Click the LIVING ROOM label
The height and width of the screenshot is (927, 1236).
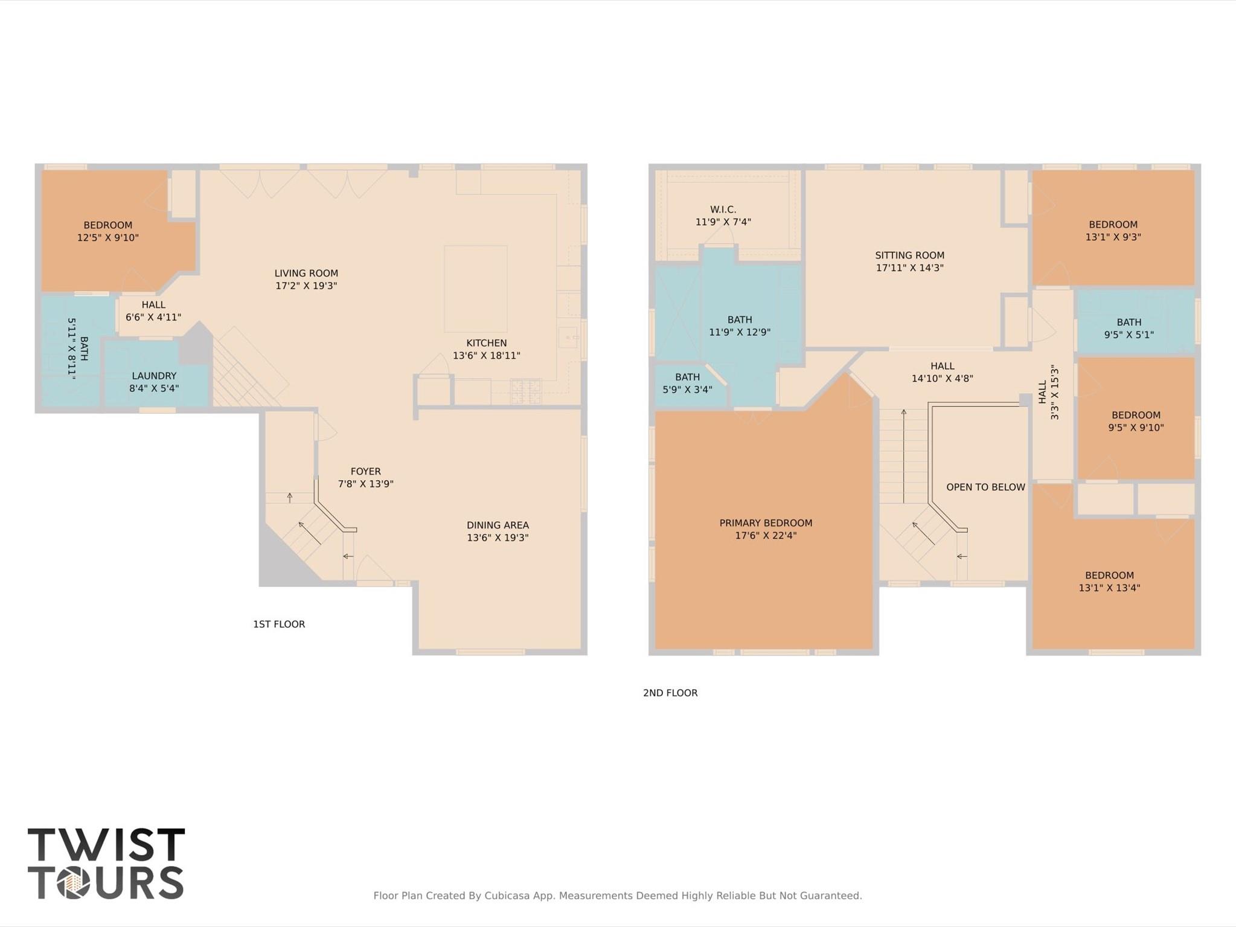pos(306,274)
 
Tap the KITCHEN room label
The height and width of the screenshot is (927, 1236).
pos(486,343)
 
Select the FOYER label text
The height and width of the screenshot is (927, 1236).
pos(365,472)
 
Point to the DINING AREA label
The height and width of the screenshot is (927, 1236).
pos(498,525)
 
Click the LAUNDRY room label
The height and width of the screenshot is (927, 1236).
pos(154,376)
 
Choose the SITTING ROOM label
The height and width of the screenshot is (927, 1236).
pos(909,255)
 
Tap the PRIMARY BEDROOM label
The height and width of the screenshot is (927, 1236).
pos(766,523)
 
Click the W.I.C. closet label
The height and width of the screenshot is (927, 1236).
pos(723,210)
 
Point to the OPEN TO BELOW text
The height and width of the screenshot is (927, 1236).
pos(985,487)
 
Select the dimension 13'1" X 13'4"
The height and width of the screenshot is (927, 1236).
pos(1109,588)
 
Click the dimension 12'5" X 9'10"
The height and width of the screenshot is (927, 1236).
pos(107,238)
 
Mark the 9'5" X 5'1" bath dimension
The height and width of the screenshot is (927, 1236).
pos(1129,335)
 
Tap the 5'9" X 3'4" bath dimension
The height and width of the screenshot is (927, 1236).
pos(687,390)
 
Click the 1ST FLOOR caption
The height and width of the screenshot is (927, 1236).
pos(279,624)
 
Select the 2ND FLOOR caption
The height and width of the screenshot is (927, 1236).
pos(670,693)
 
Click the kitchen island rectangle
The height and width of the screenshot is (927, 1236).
pos(476,289)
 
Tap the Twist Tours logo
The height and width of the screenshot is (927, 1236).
pos(106,864)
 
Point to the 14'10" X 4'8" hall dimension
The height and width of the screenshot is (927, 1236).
pos(942,379)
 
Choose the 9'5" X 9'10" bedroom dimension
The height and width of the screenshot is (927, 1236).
pos(1136,428)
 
